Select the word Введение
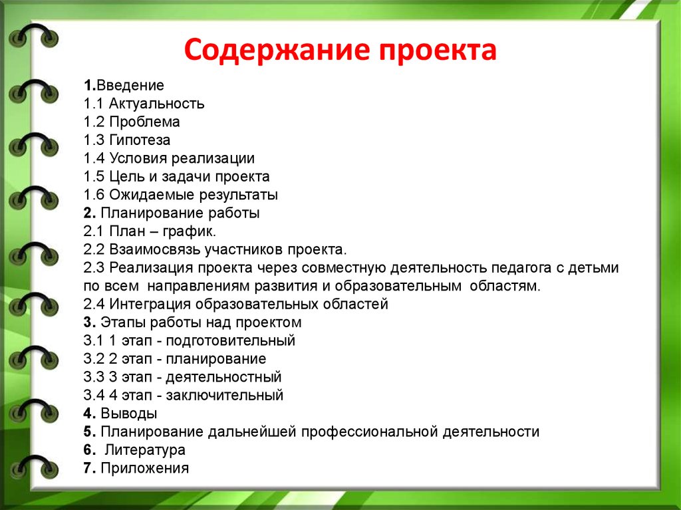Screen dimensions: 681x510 tap(130, 85)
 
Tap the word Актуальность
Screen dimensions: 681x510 tap(156, 104)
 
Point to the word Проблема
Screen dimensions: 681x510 tap(144, 122)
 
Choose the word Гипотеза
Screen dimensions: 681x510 tap(140, 140)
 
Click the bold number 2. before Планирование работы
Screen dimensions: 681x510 tap(90, 213)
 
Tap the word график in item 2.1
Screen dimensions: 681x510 tap(189, 231)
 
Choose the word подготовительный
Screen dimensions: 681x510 tap(231, 340)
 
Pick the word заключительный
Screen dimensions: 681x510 tap(225, 396)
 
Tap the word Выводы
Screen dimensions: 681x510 tap(128, 414)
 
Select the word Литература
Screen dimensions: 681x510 tap(145, 450)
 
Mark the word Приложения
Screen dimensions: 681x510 tap(144, 468)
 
